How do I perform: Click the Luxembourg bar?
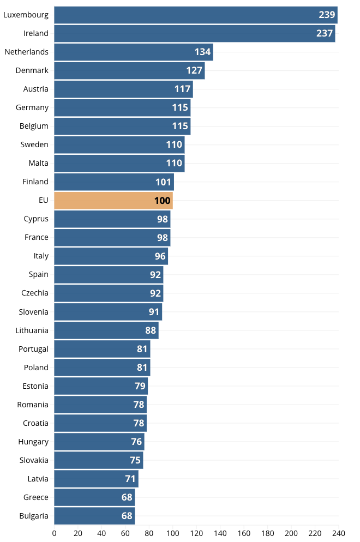[195, 15]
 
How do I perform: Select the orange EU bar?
[113, 200]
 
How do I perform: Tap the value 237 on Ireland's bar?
[325, 33]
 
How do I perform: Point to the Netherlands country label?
[27, 52]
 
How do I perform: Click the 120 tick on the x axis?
[196, 533]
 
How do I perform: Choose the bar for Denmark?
[129, 70]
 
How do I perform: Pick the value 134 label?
[202, 52]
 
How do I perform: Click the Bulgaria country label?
[34, 516]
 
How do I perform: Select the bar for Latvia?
[96, 479]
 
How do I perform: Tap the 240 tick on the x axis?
[339, 533]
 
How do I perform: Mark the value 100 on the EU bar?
[162, 200]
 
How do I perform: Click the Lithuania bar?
[106, 330]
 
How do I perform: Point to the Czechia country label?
[35, 293]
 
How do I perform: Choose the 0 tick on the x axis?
[54, 533]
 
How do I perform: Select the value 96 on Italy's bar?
[160, 256]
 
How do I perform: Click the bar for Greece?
[94, 497]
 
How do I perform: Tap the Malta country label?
[38, 163]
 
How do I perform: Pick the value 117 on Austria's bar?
[182, 89]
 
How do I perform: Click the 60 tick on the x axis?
[125, 533]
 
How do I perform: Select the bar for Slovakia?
[98, 460]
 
